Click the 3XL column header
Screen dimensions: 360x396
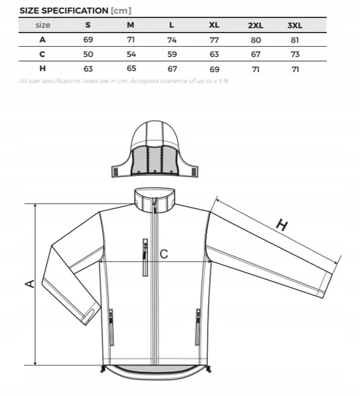tap(295, 25)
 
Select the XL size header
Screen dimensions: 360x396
tap(214, 25)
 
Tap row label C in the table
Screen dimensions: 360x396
tap(42, 54)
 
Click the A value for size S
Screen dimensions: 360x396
tap(88, 40)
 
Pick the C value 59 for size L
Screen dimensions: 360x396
tap(172, 55)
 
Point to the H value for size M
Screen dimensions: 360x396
tap(131, 68)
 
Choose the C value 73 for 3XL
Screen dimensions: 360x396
tap(295, 55)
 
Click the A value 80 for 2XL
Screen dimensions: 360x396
tap(256, 40)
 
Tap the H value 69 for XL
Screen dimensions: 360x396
tap(214, 69)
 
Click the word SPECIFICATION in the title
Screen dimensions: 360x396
tap(75, 10)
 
